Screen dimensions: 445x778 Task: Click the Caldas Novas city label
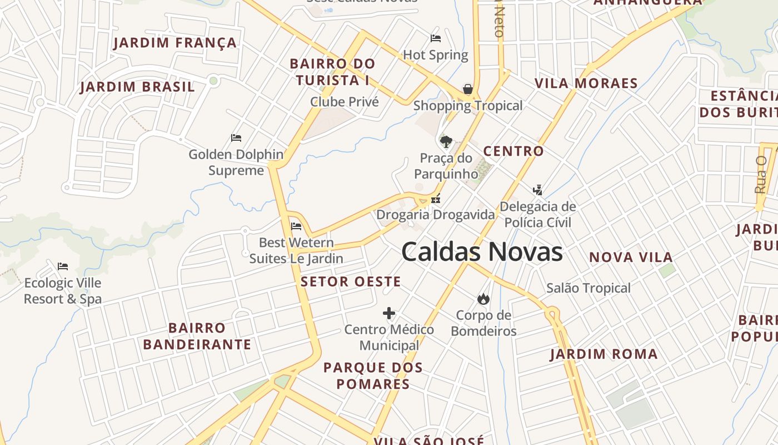pos(482,252)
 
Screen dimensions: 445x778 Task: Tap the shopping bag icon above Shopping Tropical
pos(468,89)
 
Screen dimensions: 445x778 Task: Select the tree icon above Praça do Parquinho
pos(446,141)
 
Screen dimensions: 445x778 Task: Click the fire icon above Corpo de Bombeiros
pos(483,299)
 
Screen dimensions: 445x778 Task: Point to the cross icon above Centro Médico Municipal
pos(389,313)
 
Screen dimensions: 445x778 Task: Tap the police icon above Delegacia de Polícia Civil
pos(537,190)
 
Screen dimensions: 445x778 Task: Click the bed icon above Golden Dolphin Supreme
pos(236,138)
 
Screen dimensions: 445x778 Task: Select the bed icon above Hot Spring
pos(436,38)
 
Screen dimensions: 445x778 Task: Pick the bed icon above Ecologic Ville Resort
pos(63,266)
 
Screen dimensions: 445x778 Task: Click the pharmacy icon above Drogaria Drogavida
pos(436,199)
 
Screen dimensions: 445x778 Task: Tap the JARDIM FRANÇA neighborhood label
pos(175,43)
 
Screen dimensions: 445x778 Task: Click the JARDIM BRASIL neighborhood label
pos(137,87)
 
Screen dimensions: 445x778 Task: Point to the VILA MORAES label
pos(586,83)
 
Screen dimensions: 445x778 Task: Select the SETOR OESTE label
pos(351,281)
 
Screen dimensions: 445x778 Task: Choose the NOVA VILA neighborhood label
pos(631,257)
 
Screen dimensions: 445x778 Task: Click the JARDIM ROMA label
pos(604,354)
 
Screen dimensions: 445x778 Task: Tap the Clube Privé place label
pos(345,102)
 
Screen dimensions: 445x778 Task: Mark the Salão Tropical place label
pos(589,288)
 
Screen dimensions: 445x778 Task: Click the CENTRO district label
pos(513,151)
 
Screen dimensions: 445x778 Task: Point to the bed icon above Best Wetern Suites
pos(296,226)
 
